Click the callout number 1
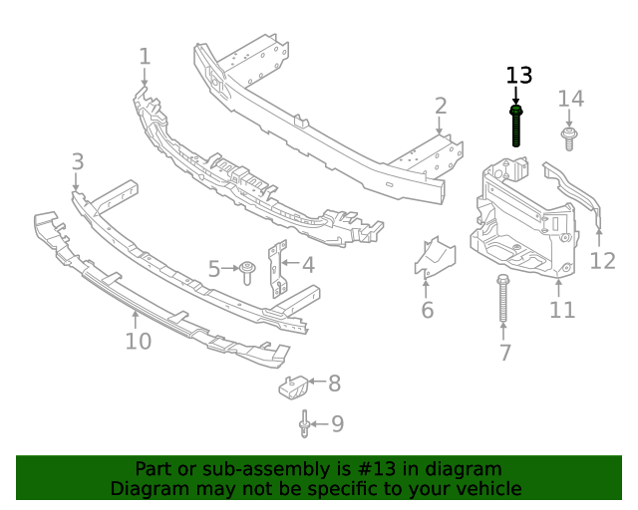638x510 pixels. tap(145, 56)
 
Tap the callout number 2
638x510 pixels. tap(440, 106)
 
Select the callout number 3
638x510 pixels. tap(77, 161)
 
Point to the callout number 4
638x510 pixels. tap(308, 265)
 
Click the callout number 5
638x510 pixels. tap(214, 268)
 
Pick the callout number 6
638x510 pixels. tap(427, 310)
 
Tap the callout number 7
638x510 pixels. tap(504, 352)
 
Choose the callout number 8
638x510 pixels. tap(334, 382)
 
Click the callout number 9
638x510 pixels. tap(337, 424)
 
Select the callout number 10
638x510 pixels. tap(138, 342)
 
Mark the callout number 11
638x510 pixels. tap(562, 310)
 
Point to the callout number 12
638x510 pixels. tap(603, 261)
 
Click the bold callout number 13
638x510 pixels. tap(519, 75)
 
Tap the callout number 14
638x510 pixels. tap(570, 98)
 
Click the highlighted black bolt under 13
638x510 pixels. tap(516, 127)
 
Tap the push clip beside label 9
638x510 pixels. tap(302, 425)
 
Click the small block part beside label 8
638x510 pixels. tap(293, 385)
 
